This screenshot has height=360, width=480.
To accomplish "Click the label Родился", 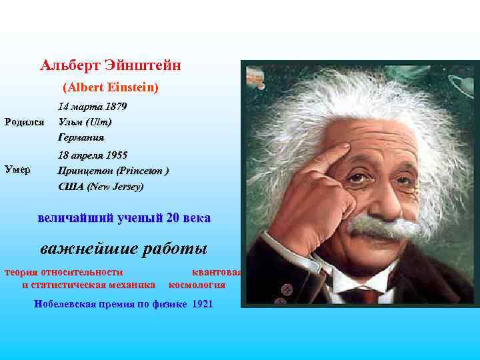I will pyautogui.click(x=24, y=122).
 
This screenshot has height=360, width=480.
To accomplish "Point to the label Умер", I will pyautogui.click(x=17, y=169).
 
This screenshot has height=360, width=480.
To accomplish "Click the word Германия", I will pyautogui.click(x=81, y=137).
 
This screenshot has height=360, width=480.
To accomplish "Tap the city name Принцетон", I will pyautogui.click(x=86, y=171).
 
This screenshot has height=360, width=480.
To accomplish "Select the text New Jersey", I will pyautogui.click(x=116, y=187).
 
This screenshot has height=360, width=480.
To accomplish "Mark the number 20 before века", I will pyautogui.click(x=173, y=218).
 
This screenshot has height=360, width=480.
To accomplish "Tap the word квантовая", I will pyautogui.click(x=217, y=272).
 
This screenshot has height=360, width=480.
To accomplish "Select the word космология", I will pyautogui.click(x=197, y=285).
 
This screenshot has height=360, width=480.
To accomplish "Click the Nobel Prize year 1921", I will pyautogui.click(x=202, y=305).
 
